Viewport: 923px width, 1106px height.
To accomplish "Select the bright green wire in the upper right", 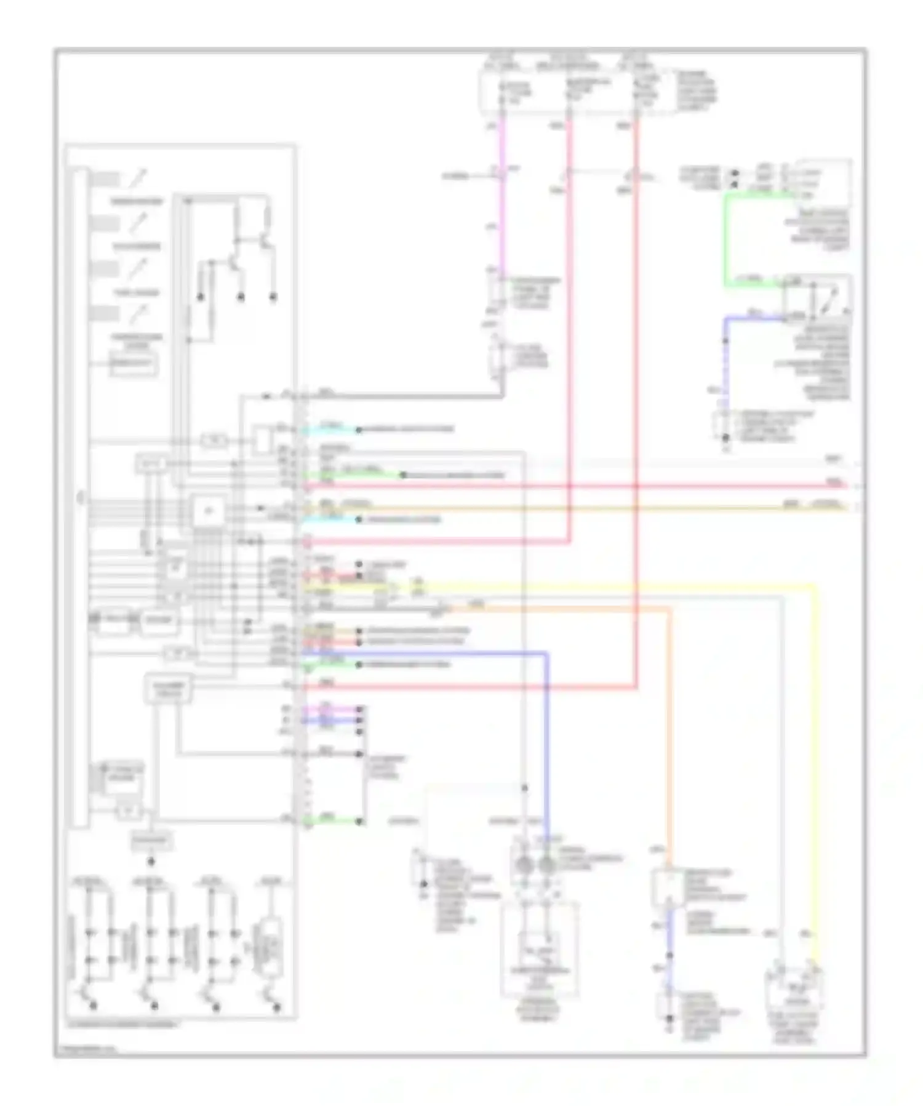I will point(725,240).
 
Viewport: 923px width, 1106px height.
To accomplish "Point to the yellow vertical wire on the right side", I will point(816,739).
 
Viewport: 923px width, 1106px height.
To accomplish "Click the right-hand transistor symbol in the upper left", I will point(266,240).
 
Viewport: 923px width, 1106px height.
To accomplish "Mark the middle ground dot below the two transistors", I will point(241,297).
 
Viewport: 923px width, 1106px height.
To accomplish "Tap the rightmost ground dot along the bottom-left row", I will point(278,1007).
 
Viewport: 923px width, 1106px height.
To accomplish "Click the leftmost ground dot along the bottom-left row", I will point(94,1007).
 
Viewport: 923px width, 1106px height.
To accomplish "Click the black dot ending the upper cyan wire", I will point(359,430).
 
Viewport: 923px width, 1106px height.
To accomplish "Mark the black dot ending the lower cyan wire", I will point(359,520).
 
